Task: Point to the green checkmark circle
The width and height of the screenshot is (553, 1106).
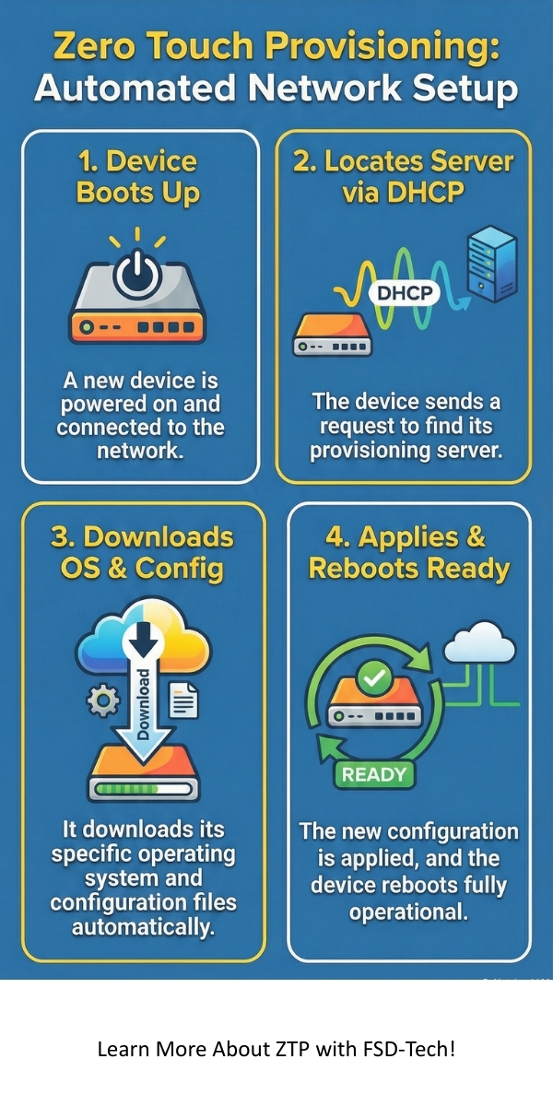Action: [374, 679]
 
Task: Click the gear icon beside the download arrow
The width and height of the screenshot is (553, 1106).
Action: [101, 703]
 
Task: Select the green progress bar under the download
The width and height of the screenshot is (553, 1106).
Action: [143, 790]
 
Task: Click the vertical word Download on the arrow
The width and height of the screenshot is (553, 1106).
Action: [144, 705]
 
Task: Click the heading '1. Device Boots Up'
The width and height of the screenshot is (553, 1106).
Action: [136, 177]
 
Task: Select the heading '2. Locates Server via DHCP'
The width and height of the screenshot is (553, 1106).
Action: [403, 177]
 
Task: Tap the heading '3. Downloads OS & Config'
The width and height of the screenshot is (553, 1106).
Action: [142, 552]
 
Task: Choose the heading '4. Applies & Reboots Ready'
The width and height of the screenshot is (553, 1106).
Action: [408, 552]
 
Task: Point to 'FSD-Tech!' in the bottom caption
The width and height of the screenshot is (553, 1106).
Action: [415, 1049]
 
